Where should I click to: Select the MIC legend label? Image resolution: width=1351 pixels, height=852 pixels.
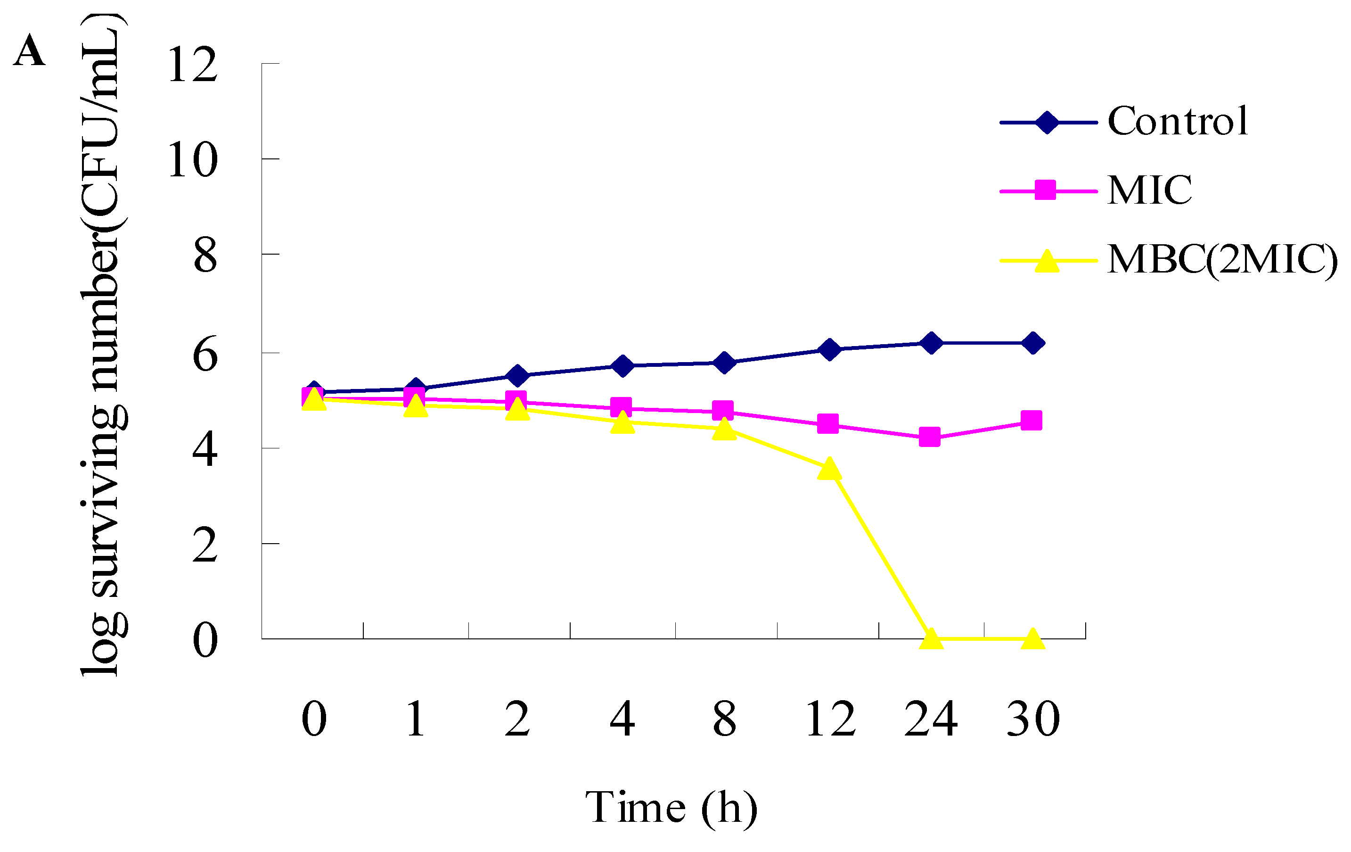click(1149, 190)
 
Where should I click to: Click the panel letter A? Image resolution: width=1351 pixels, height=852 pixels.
click(29, 51)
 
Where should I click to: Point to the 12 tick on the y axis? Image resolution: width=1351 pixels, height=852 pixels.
click(192, 65)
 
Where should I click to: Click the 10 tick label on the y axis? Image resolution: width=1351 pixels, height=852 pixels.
click(192, 160)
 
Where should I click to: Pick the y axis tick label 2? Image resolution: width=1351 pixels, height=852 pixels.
click(205, 545)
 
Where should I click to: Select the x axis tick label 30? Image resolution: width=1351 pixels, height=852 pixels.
click(1033, 719)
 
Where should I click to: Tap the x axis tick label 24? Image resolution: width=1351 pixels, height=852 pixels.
click(931, 719)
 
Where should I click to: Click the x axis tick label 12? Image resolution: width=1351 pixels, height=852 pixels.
click(830, 719)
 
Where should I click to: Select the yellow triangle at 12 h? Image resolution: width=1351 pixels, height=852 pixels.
click(829, 469)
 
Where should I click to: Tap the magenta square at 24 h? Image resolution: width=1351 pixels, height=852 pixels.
click(930, 437)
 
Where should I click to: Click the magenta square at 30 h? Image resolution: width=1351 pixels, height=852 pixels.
click(1031, 421)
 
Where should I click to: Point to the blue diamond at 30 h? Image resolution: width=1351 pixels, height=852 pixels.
click(1033, 343)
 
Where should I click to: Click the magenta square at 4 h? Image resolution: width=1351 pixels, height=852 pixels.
click(621, 407)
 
